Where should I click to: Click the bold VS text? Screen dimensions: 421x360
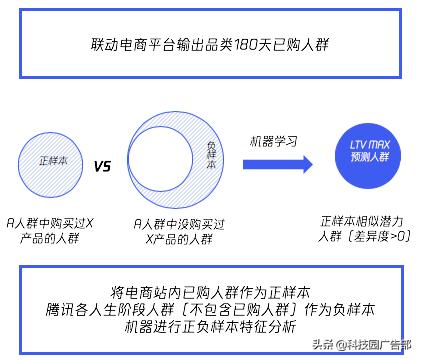[x=102, y=167]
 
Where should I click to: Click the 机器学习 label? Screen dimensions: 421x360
[x=269, y=141]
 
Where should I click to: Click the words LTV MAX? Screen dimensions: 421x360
[x=363, y=151]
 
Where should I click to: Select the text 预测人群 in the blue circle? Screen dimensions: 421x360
[x=363, y=167]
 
